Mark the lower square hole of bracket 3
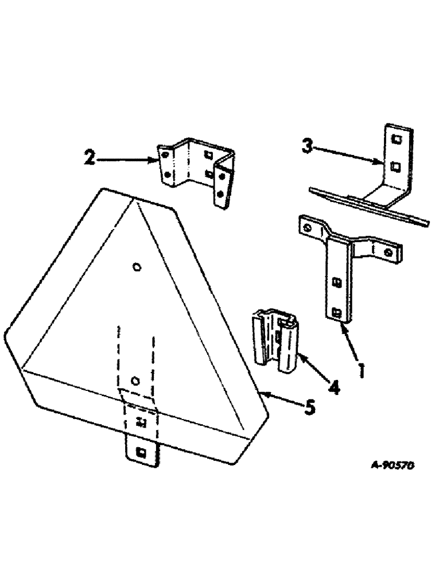[x=394, y=167]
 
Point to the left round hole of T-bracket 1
[x=309, y=228]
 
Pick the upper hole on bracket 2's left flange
[x=164, y=155]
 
